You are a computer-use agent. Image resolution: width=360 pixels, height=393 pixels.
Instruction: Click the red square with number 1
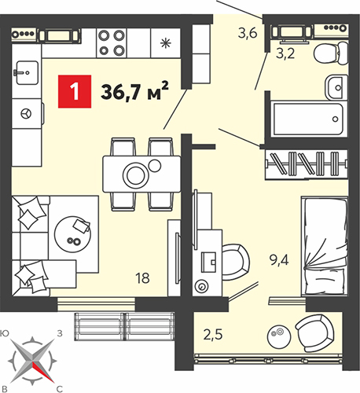[x=75, y=91]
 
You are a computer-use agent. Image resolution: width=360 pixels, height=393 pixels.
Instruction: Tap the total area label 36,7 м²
[x=134, y=90]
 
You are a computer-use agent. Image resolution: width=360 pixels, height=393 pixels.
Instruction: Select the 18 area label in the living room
[x=143, y=278]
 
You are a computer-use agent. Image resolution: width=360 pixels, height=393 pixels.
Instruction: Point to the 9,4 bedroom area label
[x=279, y=260]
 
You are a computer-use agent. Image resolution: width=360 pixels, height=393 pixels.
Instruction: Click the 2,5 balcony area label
[x=213, y=335]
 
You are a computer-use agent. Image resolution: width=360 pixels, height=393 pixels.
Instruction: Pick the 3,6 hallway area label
[x=248, y=34]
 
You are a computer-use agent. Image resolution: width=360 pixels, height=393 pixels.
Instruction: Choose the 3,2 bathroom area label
[x=285, y=53]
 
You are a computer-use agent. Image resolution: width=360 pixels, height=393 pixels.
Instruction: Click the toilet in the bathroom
[x=331, y=53]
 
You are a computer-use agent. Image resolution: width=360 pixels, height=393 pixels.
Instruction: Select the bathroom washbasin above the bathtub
[x=336, y=87]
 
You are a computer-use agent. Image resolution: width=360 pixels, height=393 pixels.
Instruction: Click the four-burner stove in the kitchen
[x=112, y=42]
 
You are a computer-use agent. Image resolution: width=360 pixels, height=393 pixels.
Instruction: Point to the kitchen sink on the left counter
[x=27, y=72]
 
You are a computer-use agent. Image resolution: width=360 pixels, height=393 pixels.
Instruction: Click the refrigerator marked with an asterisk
[x=166, y=43]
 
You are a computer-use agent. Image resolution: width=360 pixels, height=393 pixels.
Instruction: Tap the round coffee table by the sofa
[x=73, y=233]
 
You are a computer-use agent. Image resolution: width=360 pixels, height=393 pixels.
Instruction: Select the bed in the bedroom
[x=325, y=246]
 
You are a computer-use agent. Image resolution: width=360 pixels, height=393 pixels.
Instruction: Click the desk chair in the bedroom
[x=236, y=263]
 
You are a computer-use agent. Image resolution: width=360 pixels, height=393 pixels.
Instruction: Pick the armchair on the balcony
[x=315, y=333]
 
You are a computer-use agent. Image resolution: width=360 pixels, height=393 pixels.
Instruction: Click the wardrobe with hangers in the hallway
[x=307, y=164]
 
